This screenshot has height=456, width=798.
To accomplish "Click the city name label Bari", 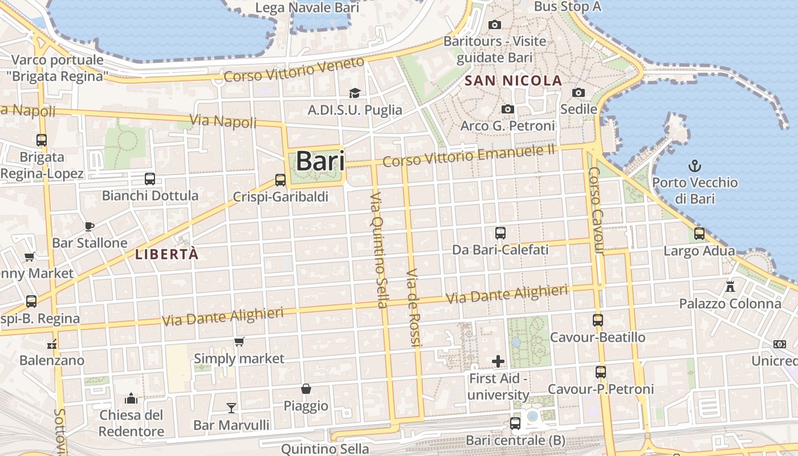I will coord(320,161).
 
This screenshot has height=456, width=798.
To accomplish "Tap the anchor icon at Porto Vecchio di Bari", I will coord(694,166).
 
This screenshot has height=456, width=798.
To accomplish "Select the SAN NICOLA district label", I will coord(514,81).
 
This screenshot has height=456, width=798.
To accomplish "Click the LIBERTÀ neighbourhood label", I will coord(167,254).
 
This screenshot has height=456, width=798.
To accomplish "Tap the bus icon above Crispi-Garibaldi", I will coord(280,180).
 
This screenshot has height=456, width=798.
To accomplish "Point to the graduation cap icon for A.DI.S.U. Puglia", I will coord(355,93).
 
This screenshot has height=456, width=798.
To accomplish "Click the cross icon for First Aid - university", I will coord(498,361).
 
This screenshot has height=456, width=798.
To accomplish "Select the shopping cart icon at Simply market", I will coord(239,341).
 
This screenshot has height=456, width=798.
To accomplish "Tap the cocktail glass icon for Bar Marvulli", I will coord(231,408).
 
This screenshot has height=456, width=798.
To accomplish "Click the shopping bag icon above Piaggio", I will coord(306,389).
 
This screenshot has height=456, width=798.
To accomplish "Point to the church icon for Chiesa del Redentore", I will coord(131,397).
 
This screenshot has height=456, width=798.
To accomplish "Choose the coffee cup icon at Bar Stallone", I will coord(89,226).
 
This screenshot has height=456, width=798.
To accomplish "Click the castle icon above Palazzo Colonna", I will coord(730,286).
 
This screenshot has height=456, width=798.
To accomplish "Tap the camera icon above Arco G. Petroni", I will coord(507,109).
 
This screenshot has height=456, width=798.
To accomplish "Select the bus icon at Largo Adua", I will coord(699,233).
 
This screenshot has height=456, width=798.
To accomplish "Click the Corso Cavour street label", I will coord(596,211).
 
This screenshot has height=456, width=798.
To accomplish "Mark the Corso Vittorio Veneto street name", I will coord(294,70).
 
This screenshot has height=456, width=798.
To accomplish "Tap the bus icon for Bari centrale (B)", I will coord(515,424).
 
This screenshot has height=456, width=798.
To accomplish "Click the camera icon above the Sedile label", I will coord(579,92).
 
